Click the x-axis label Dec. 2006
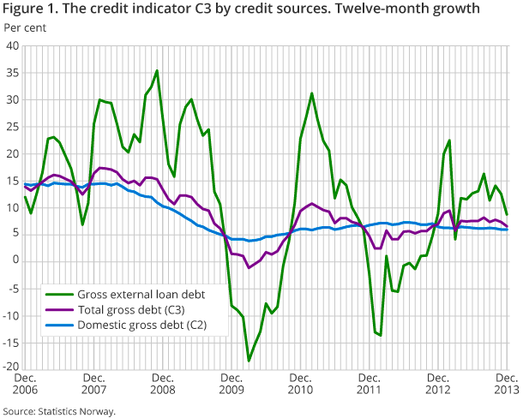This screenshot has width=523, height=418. pos(24,384)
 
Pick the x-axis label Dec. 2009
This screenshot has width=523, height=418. pos(231,384)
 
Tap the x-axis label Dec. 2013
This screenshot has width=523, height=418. pos(506,384)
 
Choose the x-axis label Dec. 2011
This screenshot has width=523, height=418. pos(369,384)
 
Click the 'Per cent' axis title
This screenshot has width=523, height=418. pos(26,27)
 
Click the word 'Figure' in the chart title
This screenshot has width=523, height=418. pos(22,9)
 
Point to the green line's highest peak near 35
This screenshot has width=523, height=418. pos(157,71)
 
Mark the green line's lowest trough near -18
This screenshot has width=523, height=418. pos(249,360)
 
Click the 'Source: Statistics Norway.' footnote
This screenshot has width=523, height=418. pos(58,411)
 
